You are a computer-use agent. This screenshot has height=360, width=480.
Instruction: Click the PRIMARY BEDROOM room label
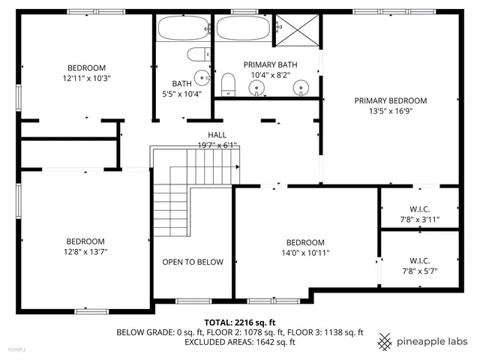click(390, 100)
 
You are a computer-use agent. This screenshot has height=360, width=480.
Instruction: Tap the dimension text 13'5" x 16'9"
click(390, 111)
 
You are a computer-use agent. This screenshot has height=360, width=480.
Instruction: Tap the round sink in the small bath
click(201, 77)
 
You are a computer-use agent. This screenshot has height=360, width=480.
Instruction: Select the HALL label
click(217, 135)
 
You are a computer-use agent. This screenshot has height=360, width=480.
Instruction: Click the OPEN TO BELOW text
click(193, 262)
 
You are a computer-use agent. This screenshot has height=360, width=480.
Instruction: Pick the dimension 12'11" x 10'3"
click(86, 78)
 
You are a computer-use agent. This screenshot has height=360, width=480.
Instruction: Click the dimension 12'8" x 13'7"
click(85, 251)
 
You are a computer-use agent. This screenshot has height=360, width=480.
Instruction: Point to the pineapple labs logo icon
click(385, 340)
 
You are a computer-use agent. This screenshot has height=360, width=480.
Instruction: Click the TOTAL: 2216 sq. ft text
click(239, 321)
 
